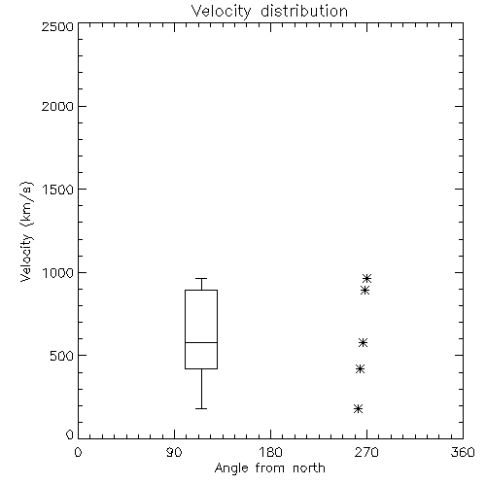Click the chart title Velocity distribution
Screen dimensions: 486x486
[x=269, y=12]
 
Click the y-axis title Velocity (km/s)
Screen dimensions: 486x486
[x=26, y=231]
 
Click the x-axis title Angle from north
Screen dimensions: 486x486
[x=269, y=469]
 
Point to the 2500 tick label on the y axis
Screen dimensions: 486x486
[x=57, y=26]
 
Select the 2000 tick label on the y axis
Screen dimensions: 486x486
[x=57, y=106]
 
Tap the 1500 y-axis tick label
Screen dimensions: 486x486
[x=58, y=190]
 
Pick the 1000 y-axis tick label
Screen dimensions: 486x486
[x=58, y=273]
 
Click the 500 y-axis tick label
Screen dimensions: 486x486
[x=62, y=356]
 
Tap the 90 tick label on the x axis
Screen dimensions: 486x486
[x=174, y=452]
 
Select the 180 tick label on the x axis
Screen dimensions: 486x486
[x=270, y=452]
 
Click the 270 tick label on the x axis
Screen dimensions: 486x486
[x=366, y=452]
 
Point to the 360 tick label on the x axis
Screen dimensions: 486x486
[x=463, y=452]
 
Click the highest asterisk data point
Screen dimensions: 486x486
[x=366, y=278]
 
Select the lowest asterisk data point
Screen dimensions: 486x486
[x=358, y=408]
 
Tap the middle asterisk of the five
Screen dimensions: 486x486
[x=363, y=342]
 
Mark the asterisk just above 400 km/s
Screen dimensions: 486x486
[x=360, y=368]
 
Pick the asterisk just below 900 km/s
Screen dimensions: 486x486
[x=365, y=290]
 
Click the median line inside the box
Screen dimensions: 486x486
[x=201, y=342]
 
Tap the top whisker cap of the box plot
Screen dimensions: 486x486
[x=201, y=278]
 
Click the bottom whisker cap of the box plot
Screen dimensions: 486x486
[x=201, y=408]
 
